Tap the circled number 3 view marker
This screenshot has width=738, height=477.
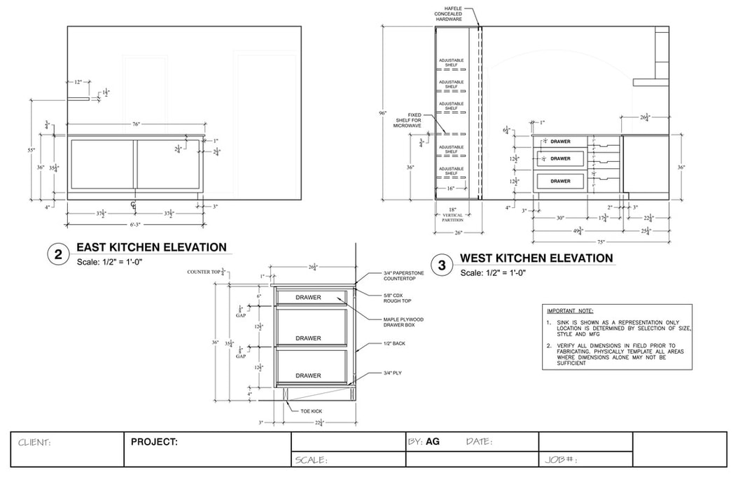pyautogui.click(x=442, y=265)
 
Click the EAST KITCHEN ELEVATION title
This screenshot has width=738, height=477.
pyautogui.click(x=151, y=247)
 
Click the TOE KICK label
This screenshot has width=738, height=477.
pyautogui.click(x=310, y=411)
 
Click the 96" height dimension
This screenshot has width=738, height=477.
pyautogui.click(x=383, y=113)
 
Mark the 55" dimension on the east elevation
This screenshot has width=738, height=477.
pyautogui.click(x=32, y=151)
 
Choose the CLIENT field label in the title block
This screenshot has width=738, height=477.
pyautogui.click(x=34, y=443)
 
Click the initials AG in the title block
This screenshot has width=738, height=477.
pyautogui.click(x=433, y=442)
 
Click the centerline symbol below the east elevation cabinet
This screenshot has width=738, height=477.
pyautogui.click(x=133, y=205)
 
